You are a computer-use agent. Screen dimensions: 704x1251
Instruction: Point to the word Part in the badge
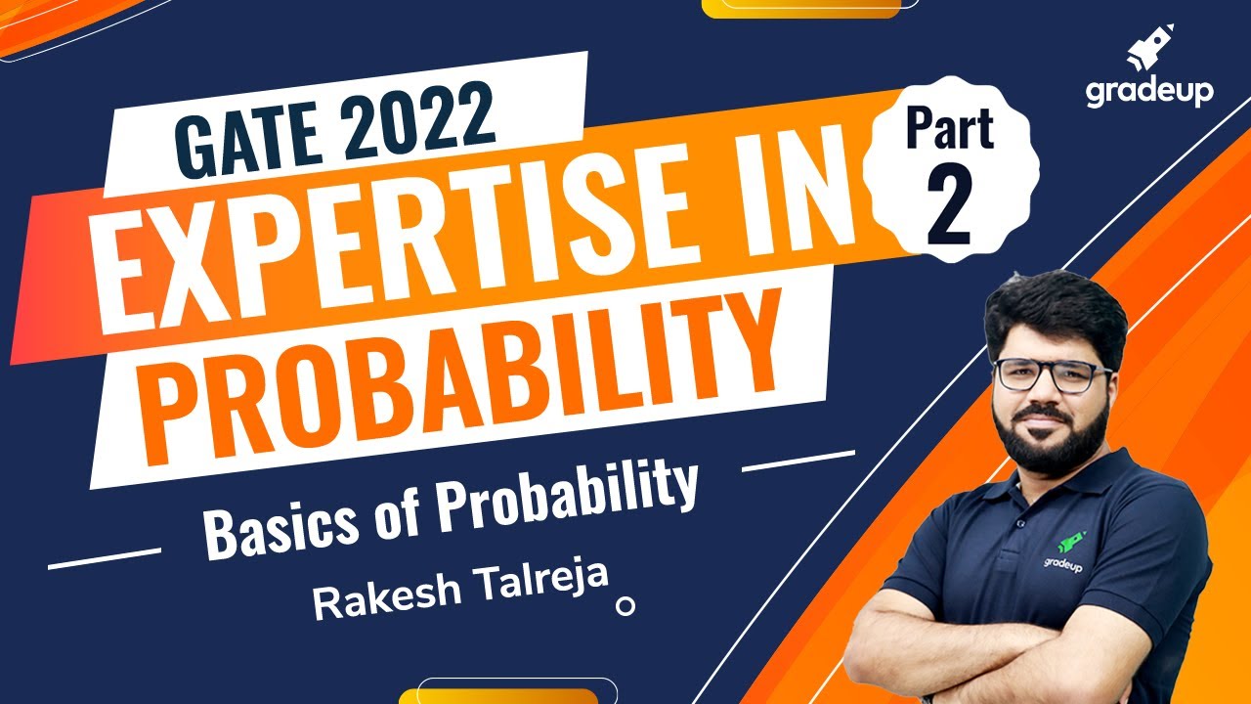pos(949,130)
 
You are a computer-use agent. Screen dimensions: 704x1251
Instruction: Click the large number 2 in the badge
pos(948,206)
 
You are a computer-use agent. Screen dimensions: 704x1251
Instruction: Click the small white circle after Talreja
pos(625,606)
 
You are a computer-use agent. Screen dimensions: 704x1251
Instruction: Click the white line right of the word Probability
pos(798,461)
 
